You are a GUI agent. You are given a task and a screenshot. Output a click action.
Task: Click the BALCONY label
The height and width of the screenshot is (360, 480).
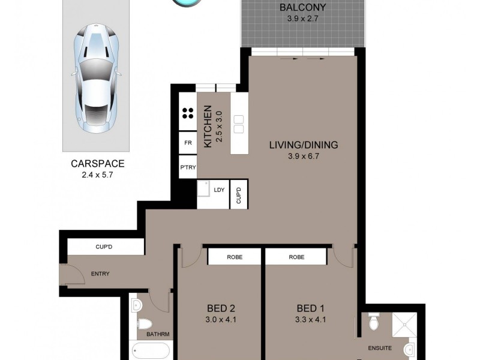303,8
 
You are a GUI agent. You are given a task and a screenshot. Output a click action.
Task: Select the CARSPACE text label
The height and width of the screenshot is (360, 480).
97,163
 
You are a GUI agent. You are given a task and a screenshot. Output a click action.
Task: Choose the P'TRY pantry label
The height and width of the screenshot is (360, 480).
187,167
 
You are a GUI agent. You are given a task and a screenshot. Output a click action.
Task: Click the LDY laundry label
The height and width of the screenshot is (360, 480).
219,190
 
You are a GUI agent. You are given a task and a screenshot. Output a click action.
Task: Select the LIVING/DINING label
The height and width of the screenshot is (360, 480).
304,145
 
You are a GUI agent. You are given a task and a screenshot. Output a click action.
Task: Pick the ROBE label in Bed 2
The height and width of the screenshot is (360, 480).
234,257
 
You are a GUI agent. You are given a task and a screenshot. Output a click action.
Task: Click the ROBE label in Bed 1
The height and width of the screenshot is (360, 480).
296,257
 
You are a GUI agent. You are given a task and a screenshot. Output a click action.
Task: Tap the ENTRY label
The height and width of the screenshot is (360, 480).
100,274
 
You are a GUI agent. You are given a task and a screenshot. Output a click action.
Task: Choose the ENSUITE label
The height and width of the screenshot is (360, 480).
380,348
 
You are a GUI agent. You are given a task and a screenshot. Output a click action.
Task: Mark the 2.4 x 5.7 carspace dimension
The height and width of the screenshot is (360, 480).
97,175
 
